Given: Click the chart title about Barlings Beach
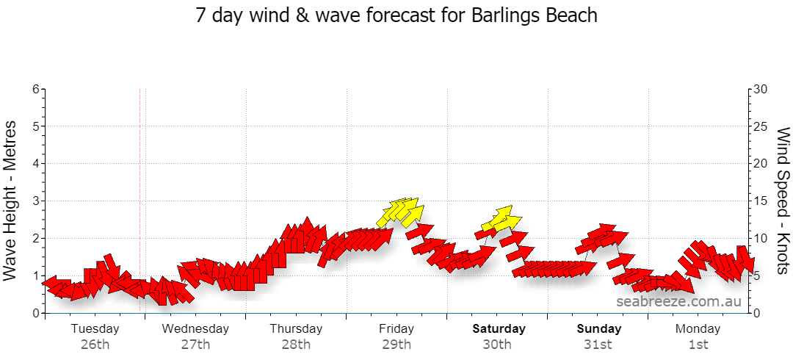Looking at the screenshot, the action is click(396, 15).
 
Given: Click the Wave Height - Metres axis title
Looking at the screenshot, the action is click(12, 201).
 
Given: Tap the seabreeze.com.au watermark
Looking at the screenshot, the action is click(679, 301).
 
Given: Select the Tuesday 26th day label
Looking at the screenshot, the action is click(95, 336).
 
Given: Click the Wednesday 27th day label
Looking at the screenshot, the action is click(195, 336).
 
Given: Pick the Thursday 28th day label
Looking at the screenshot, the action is click(296, 336).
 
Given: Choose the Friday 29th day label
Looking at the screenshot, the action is click(396, 336).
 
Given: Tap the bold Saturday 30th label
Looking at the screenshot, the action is click(497, 336).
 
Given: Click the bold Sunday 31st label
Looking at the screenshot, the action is click(598, 336).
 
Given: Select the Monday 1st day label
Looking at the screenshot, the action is click(698, 336).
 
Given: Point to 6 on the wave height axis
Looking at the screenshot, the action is click(36, 89).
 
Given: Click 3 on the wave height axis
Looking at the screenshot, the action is click(36, 201).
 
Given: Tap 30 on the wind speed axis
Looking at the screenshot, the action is click(761, 89).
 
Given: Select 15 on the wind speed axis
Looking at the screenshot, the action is click(761, 201).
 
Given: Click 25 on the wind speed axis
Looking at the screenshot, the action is click(761, 126).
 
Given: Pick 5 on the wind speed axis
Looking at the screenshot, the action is click(758, 276).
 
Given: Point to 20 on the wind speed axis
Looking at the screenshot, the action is click(761, 164).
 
